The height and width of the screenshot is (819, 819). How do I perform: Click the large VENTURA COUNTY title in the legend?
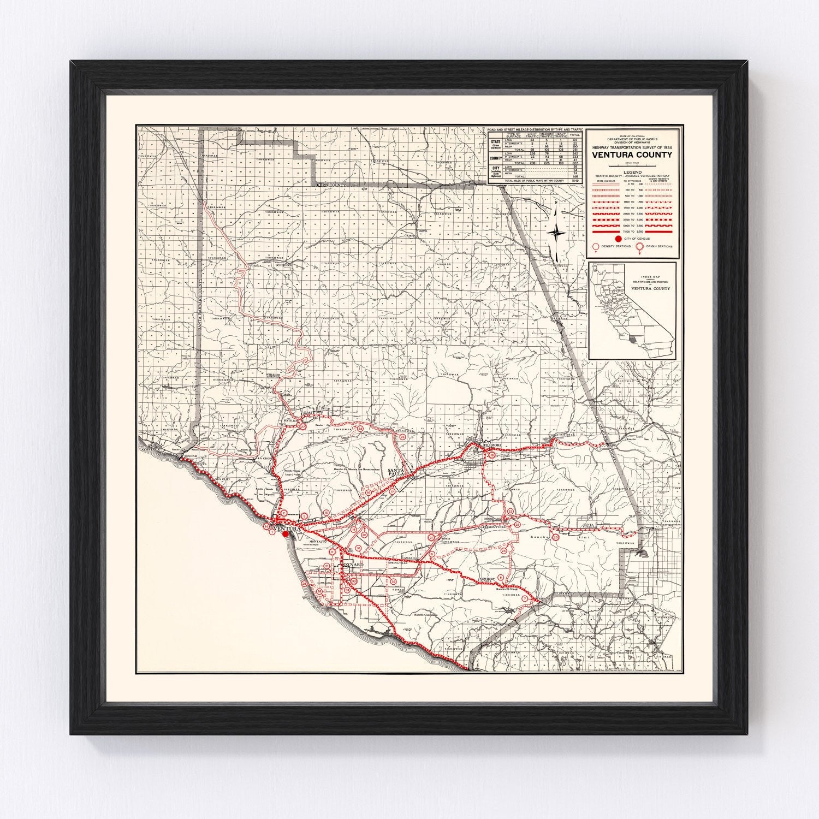click(x=632, y=155)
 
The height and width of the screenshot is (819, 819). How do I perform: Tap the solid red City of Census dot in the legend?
click(x=618, y=239)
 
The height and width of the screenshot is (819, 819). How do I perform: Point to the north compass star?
click(x=556, y=233)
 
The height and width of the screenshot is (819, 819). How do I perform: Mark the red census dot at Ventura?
click(x=285, y=535)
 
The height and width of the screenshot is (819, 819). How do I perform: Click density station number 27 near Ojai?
click(x=303, y=427)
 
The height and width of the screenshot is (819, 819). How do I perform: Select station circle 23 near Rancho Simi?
click(x=555, y=538)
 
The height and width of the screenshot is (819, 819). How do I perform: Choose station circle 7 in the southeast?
click(x=525, y=599)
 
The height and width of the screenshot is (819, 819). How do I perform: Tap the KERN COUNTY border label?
click(x=334, y=186)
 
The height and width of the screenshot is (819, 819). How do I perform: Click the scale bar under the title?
click(x=632, y=164)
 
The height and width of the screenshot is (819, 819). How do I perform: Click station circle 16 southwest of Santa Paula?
click(x=369, y=492)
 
